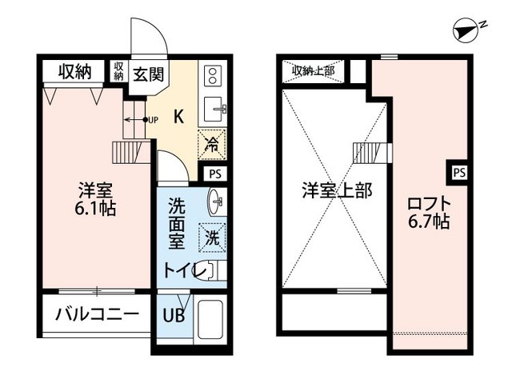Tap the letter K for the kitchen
[x=179, y=115]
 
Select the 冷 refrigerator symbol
[x=212, y=145]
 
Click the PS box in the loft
[x=458, y=171]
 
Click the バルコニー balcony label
[x=97, y=313]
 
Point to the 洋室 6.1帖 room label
[x=95, y=200]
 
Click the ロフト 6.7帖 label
[x=427, y=211]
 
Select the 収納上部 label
[x=313, y=71]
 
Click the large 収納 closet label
[x=74, y=72]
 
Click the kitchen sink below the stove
[x=214, y=107]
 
